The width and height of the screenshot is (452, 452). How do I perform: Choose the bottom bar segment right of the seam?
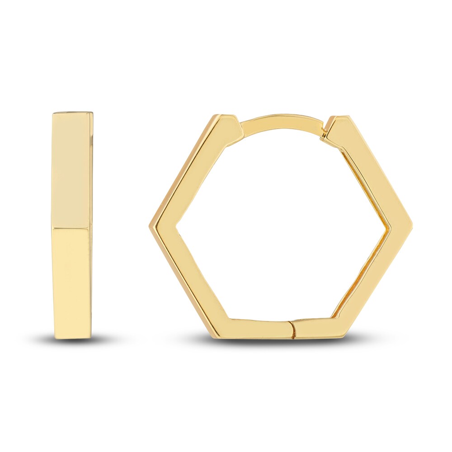click(316, 327)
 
